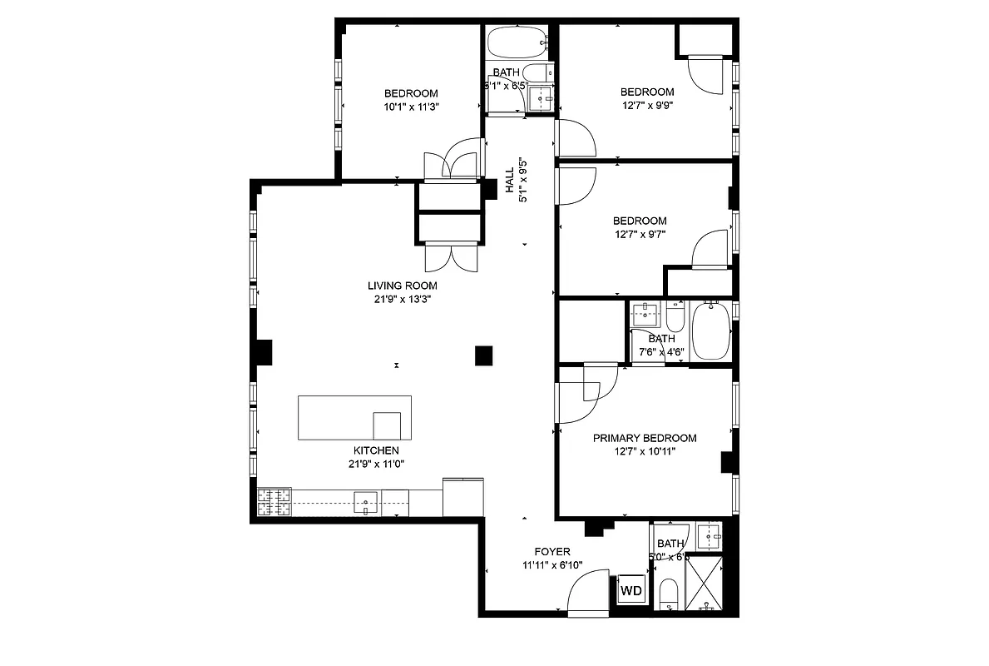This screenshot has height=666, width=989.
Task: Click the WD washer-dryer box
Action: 631,592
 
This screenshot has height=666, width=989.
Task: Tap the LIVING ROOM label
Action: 402,286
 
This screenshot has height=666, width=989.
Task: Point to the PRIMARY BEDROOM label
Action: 644,438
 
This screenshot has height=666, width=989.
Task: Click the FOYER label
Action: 551,551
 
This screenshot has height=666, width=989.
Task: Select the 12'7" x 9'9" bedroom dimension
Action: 646,106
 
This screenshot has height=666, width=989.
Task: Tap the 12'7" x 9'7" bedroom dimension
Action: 640,235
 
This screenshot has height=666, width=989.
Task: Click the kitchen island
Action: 355,418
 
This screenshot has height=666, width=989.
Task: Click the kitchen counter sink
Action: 366,501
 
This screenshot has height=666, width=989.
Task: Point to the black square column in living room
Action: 484,355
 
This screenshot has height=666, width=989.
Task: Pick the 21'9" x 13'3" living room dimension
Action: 402,300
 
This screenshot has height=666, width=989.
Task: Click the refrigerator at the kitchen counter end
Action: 462,497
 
